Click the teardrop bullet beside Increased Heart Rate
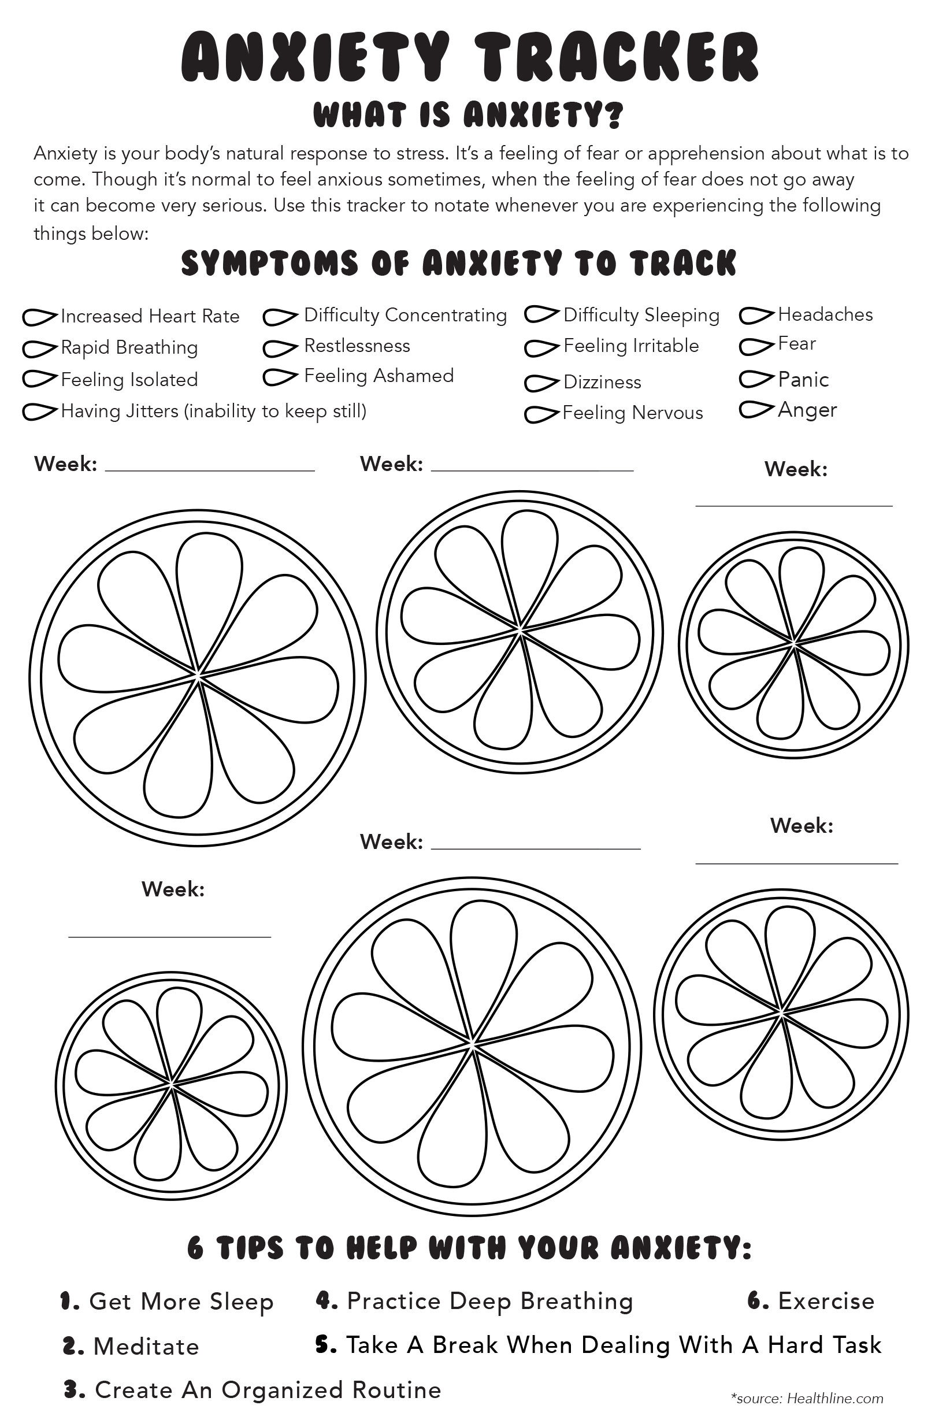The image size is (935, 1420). point(40,317)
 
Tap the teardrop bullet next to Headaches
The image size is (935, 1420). point(756,316)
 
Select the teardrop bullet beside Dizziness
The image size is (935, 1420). point(541,383)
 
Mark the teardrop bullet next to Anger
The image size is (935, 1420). point(756,410)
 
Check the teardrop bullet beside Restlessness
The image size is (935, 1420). point(280,348)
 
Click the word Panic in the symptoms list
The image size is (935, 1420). point(803,380)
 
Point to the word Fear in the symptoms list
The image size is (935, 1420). point(796,344)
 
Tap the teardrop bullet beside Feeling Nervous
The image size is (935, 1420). point(541,414)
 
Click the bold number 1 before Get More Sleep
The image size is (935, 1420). point(69,1301)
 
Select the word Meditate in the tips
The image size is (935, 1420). point(146,1347)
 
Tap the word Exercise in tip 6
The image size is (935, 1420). point(826,1301)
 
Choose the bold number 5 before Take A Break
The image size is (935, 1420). point(325,1345)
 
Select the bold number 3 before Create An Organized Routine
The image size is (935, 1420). point(72,1389)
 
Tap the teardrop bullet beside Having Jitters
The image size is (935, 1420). point(40,411)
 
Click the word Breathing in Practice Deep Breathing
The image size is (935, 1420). point(576,1302)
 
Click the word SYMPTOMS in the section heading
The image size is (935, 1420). point(270,263)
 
